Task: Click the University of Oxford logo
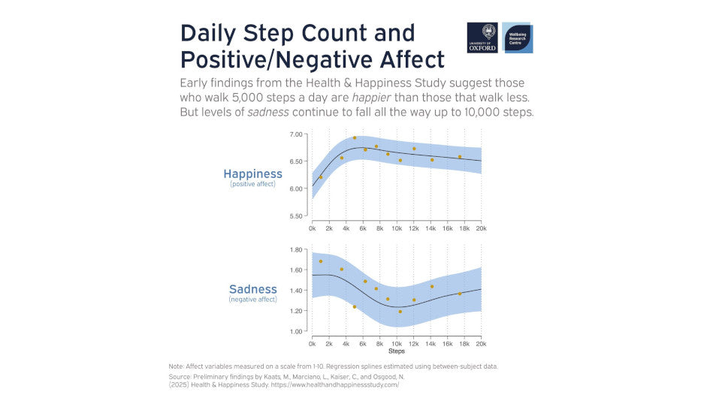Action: pos(482,38)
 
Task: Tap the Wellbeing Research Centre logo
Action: pos(518,38)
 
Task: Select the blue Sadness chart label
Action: pos(252,289)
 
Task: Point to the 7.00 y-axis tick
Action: pos(296,134)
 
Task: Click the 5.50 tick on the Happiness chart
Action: pos(296,216)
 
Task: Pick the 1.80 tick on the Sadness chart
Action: pos(296,249)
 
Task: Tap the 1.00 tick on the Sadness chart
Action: pos(296,331)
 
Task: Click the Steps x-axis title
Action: pos(396,351)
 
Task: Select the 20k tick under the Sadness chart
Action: pos(481,342)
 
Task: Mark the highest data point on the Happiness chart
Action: pos(355,138)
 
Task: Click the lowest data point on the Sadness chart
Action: pos(400,312)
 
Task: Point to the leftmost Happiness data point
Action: pos(321,177)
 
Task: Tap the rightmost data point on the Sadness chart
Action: pos(460,294)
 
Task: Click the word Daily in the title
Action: pos(211,34)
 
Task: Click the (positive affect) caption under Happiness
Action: pos(252,184)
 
